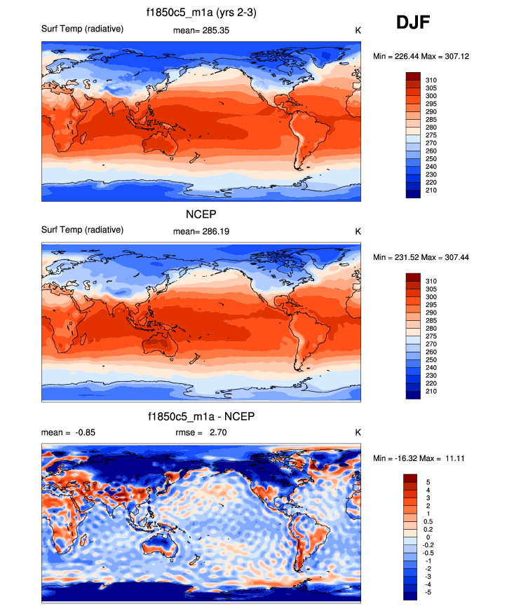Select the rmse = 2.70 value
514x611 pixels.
tap(201, 432)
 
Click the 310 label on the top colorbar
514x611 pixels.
tap(431, 81)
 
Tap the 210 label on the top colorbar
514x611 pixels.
tap(431, 190)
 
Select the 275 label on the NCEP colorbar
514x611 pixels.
tap(431, 338)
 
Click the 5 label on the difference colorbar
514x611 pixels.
tap(428, 482)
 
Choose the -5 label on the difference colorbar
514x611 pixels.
tap(429, 592)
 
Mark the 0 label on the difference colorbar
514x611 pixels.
tap(428, 537)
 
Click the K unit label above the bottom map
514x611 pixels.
tap(358, 432)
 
